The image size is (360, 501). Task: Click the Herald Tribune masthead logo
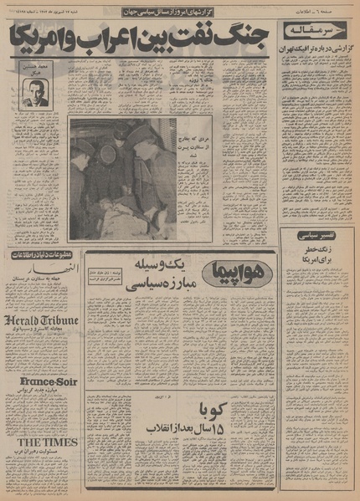click(x=40, y=320)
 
